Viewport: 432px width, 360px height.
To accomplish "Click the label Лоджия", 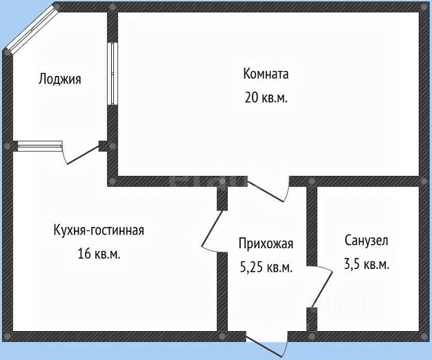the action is [59, 79].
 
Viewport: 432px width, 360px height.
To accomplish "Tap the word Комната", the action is [266, 74].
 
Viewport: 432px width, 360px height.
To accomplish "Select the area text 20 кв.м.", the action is [266, 97].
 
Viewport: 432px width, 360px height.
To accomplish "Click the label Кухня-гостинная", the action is [99, 230].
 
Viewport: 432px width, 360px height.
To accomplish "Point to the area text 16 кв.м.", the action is [99, 254].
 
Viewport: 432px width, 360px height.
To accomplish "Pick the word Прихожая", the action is [266, 243].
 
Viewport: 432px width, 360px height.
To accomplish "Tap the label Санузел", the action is [366, 240].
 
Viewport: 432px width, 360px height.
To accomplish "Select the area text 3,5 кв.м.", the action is [366, 264].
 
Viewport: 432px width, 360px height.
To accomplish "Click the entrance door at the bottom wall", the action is [266, 343].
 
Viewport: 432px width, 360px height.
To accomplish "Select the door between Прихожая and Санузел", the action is [315, 288].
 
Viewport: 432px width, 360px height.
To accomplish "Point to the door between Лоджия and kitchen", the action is [81, 153].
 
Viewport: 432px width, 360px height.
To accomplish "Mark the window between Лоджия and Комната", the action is [111, 74].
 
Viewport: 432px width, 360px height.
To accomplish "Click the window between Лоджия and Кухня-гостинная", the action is [39, 146].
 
